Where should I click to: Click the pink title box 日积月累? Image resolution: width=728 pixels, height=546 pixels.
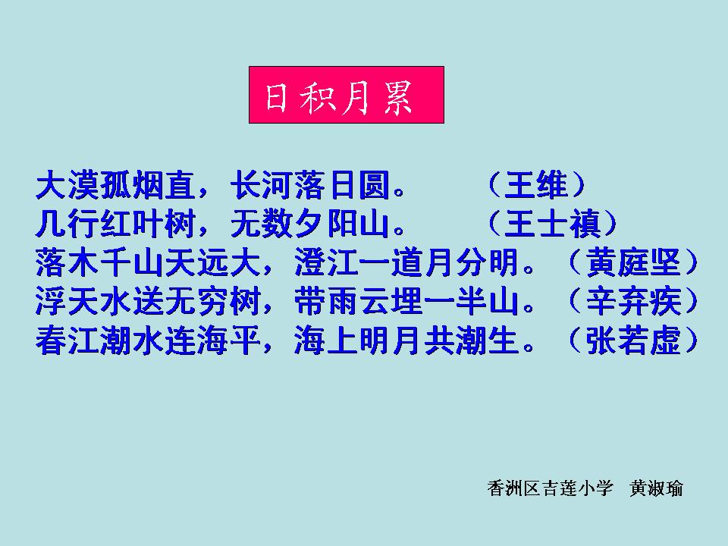tap(347, 95)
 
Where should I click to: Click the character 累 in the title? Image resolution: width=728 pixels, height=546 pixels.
tap(397, 98)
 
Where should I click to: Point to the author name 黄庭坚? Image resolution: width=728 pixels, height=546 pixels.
tap(633, 263)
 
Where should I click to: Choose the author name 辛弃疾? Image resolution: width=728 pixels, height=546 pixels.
tap(633, 302)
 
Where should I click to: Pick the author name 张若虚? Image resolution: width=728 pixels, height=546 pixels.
tap(633, 340)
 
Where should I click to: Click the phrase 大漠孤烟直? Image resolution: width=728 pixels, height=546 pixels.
tap(115, 185)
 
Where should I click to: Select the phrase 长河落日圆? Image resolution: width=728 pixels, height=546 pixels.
tap(310, 185)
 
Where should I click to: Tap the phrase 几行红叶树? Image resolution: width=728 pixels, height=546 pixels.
tap(115, 224)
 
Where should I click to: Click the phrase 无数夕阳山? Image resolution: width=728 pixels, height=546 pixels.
tap(310, 224)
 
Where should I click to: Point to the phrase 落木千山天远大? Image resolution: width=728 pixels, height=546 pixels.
tap(148, 263)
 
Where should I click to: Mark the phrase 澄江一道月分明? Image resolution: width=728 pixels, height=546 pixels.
tap(406, 263)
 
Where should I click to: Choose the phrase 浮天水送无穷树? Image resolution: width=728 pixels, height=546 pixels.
tap(148, 302)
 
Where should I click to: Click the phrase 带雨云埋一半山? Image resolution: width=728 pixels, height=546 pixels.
tap(406, 302)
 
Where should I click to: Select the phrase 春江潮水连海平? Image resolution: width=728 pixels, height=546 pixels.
tap(148, 340)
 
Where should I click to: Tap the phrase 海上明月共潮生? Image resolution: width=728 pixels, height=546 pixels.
tap(406, 340)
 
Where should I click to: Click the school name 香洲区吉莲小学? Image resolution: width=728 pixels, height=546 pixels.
tap(551, 488)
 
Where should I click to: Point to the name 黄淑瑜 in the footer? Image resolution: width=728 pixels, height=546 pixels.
tap(656, 488)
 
